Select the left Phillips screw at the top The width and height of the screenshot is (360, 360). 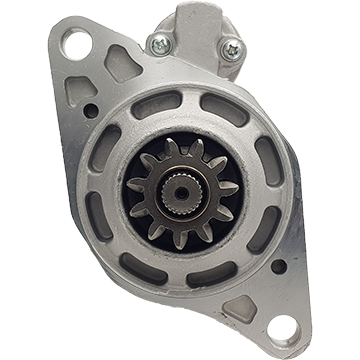159,43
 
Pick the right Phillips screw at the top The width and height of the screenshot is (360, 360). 231,47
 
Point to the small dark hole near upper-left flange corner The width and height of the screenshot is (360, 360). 91,110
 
